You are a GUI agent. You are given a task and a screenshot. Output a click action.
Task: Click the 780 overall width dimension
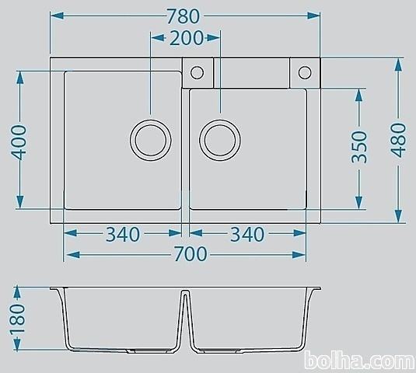(x=183, y=16)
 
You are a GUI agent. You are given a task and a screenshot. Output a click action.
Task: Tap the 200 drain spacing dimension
(x=187, y=38)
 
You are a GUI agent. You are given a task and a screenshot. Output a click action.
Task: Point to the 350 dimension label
(x=359, y=147)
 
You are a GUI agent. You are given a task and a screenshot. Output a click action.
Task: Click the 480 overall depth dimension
(x=398, y=140)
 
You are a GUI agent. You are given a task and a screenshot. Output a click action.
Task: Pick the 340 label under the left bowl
(x=123, y=234)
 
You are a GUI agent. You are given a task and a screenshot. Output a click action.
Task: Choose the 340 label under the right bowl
(x=247, y=234)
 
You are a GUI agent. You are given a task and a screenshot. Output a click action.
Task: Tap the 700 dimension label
(x=191, y=254)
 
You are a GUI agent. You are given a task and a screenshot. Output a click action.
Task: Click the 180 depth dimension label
(x=18, y=318)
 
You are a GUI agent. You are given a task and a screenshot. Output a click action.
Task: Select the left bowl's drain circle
(x=130, y=140)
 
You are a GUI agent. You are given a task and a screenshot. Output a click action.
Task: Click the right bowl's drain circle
(x=200, y=140)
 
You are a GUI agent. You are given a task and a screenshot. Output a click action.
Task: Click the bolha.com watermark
(x=360, y=361)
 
